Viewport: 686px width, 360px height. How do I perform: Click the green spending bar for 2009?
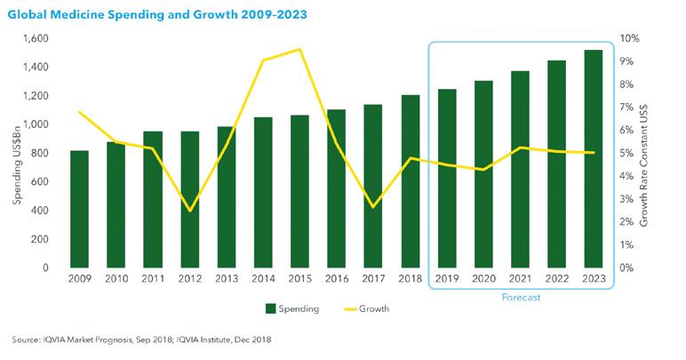[x=80, y=209]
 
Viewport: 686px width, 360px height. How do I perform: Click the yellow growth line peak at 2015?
[x=299, y=49]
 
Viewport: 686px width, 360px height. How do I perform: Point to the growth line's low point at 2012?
[x=189, y=211]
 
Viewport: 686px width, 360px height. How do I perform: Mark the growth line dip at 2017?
[x=373, y=207]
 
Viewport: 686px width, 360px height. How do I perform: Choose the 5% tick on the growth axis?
[x=626, y=153]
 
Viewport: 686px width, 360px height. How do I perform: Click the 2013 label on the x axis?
[x=226, y=279]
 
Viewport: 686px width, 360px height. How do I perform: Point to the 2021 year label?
[x=519, y=279]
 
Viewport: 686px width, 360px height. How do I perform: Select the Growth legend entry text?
[x=374, y=308]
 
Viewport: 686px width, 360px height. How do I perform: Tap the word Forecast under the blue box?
[x=519, y=298]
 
